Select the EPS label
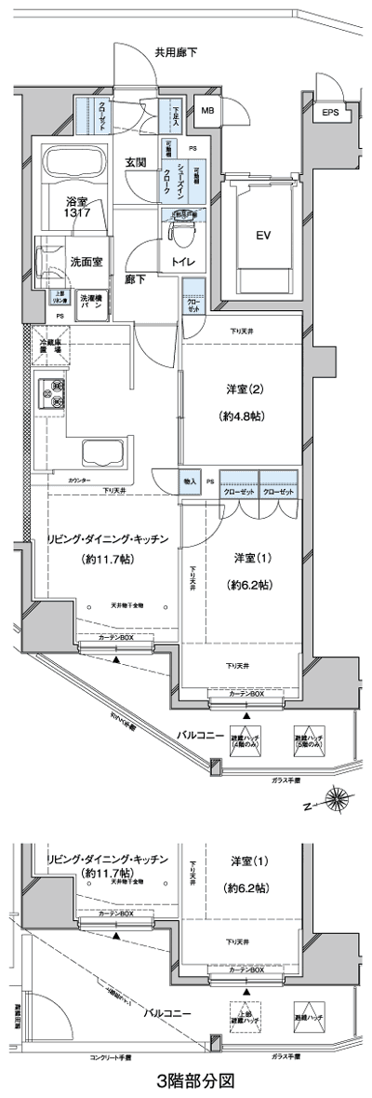pyautogui.click(x=331, y=114)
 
